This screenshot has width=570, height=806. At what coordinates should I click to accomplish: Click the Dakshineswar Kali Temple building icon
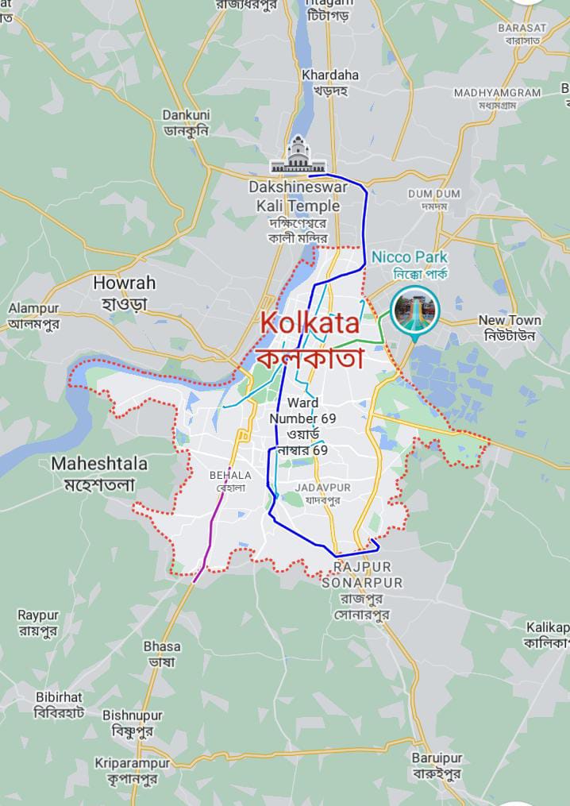pyautogui.click(x=298, y=156)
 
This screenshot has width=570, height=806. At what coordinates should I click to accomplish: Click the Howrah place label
pyautogui.click(x=125, y=292)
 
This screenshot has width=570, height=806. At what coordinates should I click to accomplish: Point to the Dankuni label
pyautogui.click(x=185, y=122)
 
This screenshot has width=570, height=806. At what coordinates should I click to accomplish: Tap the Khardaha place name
pyautogui.click(x=330, y=82)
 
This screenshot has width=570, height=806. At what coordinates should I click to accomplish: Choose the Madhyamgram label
pyautogui.click(x=497, y=98)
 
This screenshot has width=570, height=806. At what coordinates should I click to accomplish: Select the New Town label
pyautogui.click(x=510, y=327)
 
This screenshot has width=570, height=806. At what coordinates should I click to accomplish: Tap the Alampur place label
pyautogui.click(x=33, y=315)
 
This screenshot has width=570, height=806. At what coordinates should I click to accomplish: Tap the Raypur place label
pyautogui.click(x=38, y=623)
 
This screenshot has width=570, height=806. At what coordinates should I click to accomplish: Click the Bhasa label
pyautogui.click(x=162, y=654)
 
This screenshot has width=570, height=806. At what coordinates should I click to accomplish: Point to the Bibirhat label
pyautogui.click(x=59, y=704)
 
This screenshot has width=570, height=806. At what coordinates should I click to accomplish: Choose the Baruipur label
pyautogui.click(x=437, y=766)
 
